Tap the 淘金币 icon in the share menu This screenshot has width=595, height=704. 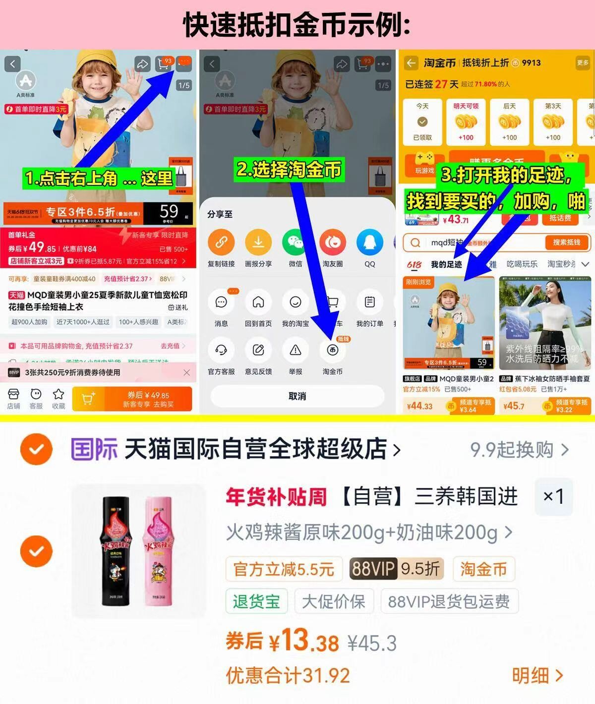[332, 351]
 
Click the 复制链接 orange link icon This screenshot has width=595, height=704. [221, 242]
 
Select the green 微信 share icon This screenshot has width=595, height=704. [296, 242]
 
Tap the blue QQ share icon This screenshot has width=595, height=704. [370, 242]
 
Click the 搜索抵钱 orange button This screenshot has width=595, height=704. [566, 242]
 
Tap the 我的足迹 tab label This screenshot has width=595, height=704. [446, 265]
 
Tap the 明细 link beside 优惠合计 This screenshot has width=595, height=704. [537, 675]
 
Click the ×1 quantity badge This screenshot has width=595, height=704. [553, 497]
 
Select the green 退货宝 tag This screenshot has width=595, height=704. [256, 601]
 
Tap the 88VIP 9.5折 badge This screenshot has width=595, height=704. [396, 569]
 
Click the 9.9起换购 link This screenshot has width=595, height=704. [519, 450]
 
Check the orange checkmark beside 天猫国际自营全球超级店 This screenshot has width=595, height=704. [36, 449]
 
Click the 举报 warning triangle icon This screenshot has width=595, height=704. [296, 351]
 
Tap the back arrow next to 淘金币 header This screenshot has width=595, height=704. [411, 63]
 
